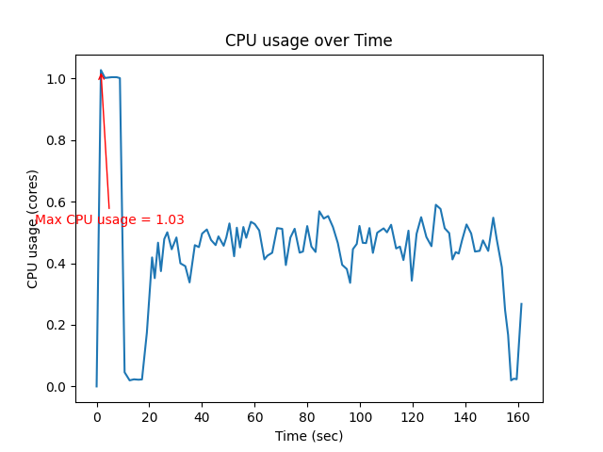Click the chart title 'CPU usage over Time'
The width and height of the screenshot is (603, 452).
[308, 40]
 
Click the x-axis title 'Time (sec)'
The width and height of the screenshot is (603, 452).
[308, 436]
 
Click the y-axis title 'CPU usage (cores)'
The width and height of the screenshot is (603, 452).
[33, 229]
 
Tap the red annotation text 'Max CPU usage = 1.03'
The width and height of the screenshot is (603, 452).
[109, 219]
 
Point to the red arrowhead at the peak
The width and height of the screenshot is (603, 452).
[101, 74]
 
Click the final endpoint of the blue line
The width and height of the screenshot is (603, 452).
[521, 304]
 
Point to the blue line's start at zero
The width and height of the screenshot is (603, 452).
[96, 386]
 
